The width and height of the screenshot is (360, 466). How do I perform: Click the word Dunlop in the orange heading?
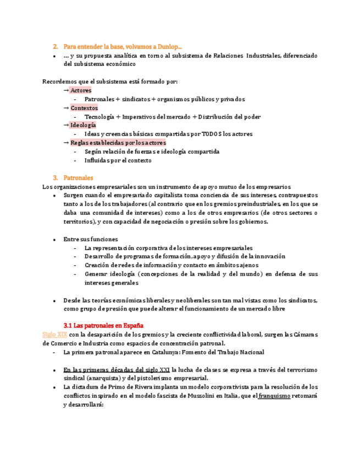[172, 47]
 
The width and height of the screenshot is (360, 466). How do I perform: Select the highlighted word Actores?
[81, 90]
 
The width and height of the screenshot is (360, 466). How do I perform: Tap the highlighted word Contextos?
[84, 108]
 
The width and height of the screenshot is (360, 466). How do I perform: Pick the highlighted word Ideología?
[83, 125]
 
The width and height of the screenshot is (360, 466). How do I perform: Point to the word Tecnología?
[99, 116]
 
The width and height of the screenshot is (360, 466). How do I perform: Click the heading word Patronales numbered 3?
[79, 178]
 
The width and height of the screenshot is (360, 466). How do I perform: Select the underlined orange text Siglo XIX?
[55, 334]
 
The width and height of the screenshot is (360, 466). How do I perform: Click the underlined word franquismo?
[274, 396]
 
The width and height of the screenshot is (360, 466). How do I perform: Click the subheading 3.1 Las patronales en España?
[104, 325]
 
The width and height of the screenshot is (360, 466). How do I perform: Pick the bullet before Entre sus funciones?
[54, 240]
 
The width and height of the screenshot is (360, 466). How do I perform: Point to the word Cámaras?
[304, 334]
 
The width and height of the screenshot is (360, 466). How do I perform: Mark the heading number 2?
[55, 47]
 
